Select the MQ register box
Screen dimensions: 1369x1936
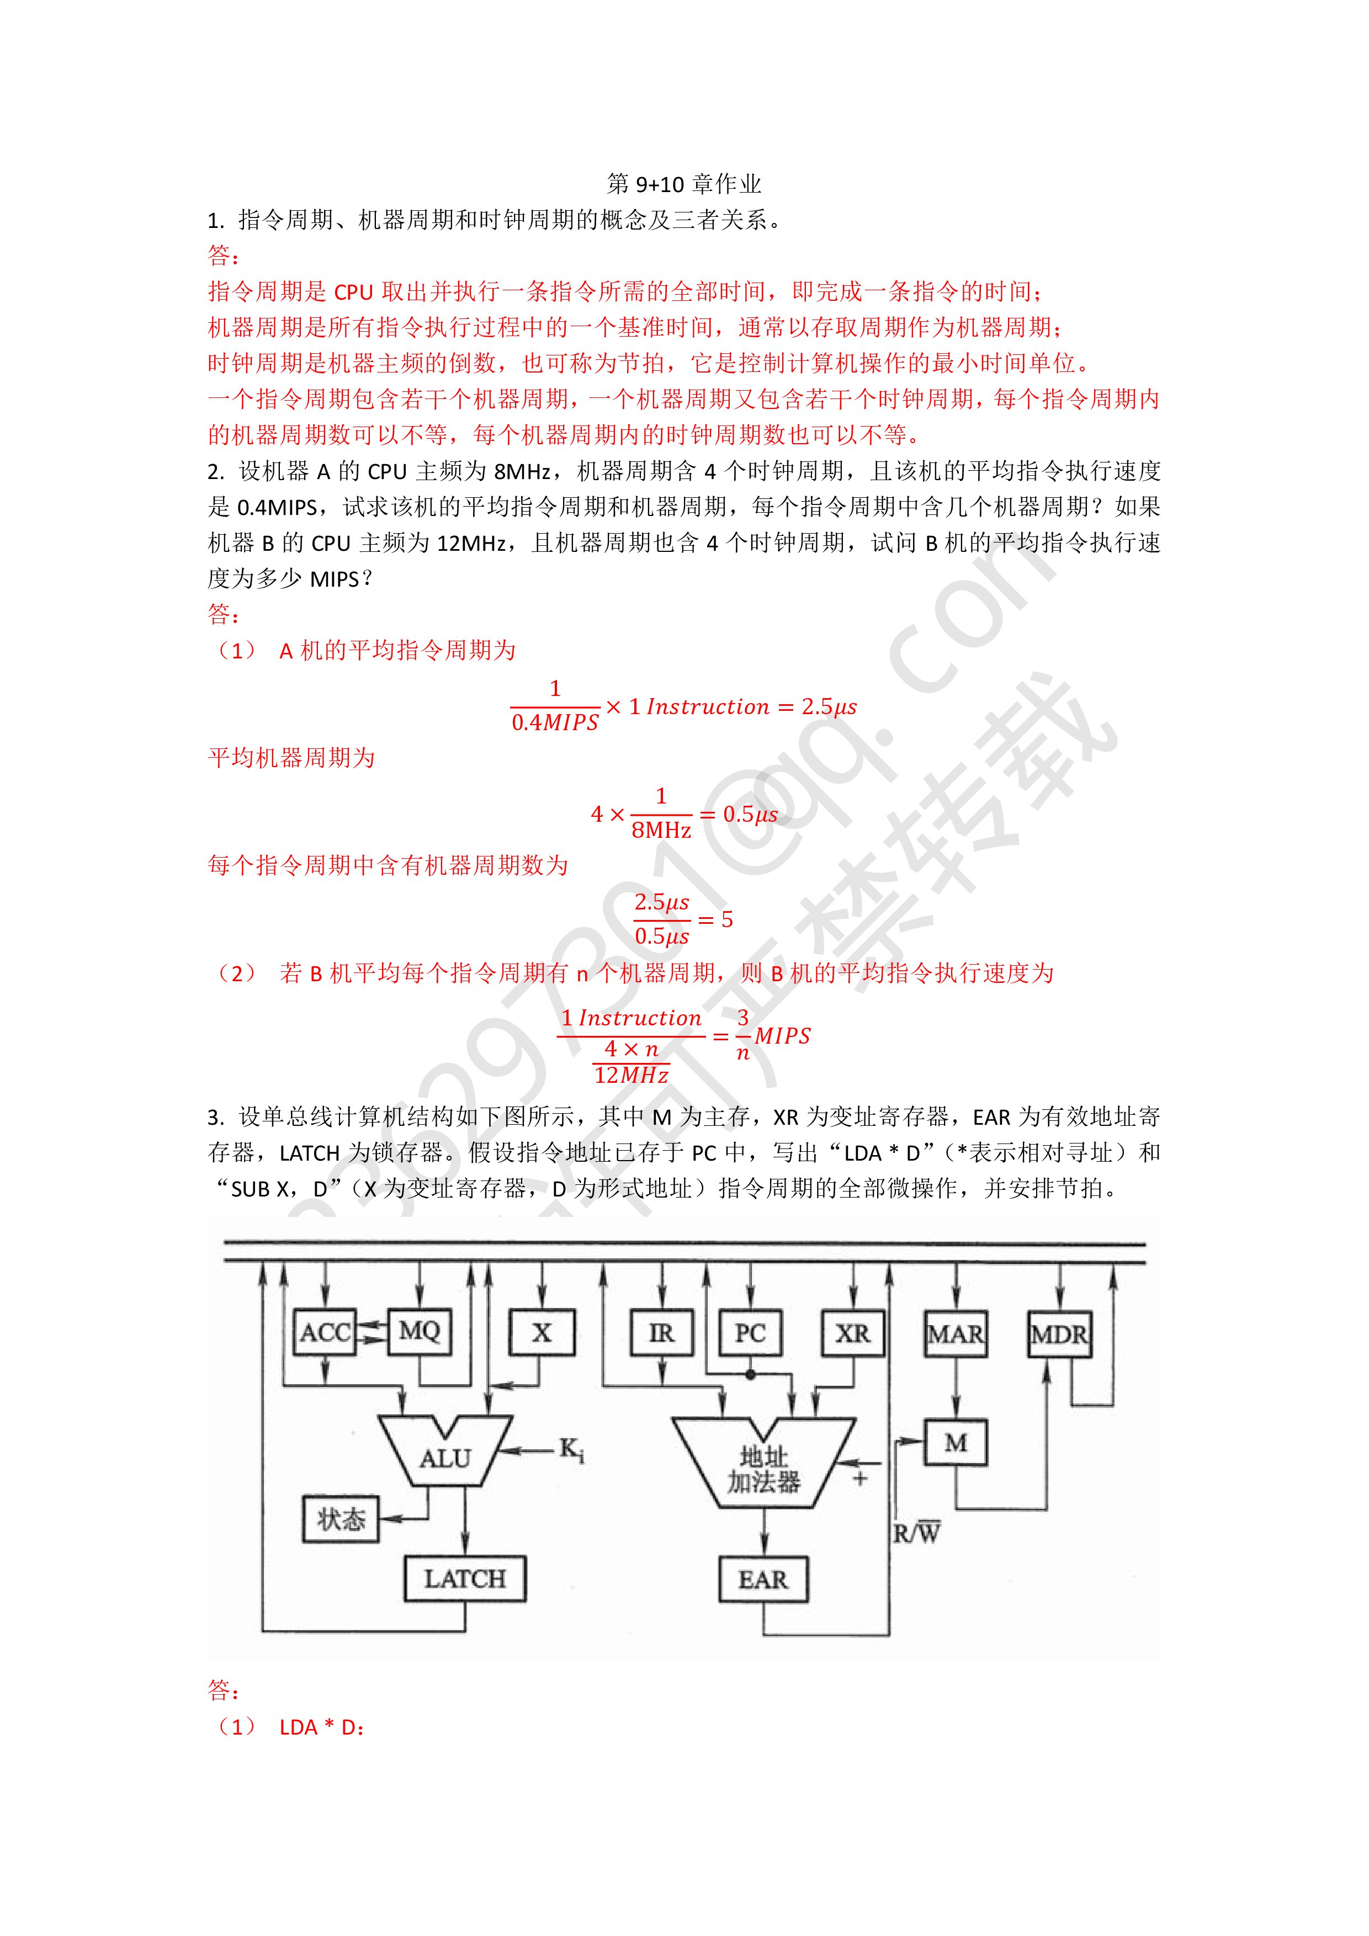(x=419, y=1332)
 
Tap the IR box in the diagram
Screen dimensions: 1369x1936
(x=662, y=1333)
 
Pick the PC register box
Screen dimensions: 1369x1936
(x=750, y=1333)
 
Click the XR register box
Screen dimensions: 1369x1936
(x=853, y=1333)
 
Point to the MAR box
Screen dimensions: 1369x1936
(x=955, y=1334)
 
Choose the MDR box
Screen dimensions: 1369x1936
(x=1059, y=1334)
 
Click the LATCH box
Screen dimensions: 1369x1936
(x=465, y=1578)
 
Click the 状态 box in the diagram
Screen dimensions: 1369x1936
(x=341, y=1519)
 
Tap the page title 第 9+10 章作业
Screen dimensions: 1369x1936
(x=684, y=184)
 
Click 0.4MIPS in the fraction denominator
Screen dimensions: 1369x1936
(x=554, y=722)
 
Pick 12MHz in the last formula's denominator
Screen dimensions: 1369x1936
(x=631, y=1075)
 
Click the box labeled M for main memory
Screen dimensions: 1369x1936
(x=955, y=1443)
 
